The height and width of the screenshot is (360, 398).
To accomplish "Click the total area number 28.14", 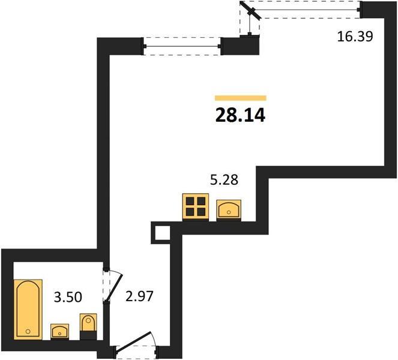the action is click(x=240, y=115).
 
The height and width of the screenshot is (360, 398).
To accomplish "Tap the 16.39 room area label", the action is click(x=355, y=36).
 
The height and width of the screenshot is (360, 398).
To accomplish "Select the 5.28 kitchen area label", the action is click(x=224, y=180).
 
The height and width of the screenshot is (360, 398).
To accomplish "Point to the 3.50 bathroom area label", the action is click(x=68, y=297).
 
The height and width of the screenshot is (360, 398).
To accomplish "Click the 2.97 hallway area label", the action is click(x=140, y=296).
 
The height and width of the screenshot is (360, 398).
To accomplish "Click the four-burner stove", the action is click(x=196, y=206).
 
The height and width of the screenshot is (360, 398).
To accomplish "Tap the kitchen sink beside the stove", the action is click(x=229, y=209).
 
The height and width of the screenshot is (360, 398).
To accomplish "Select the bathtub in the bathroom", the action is click(x=28, y=309).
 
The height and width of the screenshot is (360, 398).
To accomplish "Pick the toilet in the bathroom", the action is click(x=88, y=326).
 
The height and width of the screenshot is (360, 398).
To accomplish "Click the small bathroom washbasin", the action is click(x=59, y=331).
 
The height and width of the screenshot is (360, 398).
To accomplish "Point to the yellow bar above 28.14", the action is click(x=240, y=98).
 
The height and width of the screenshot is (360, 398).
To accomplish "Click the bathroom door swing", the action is click(x=113, y=285).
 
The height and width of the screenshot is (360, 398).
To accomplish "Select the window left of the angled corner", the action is click(x=182, y=46).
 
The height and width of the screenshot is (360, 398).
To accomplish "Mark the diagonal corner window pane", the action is click(x=251, y=10).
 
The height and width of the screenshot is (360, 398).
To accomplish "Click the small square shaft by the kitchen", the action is click(x=161, y=232).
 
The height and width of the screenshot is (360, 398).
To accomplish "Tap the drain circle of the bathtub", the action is click(x=28, y=331).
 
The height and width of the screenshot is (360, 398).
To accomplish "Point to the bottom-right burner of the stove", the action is click(x=201, y=212).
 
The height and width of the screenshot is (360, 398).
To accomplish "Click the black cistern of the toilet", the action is click(x=88, y=335).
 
